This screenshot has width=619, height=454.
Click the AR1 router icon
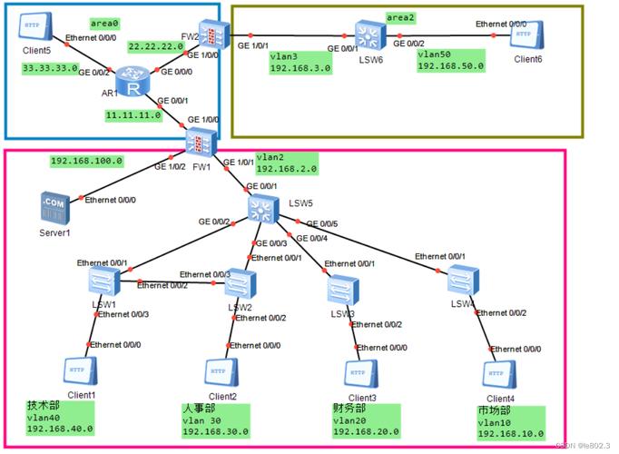point(133,88)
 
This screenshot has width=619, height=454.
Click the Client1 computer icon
point(80,371)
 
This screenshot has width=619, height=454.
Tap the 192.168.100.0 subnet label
point(86,161)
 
